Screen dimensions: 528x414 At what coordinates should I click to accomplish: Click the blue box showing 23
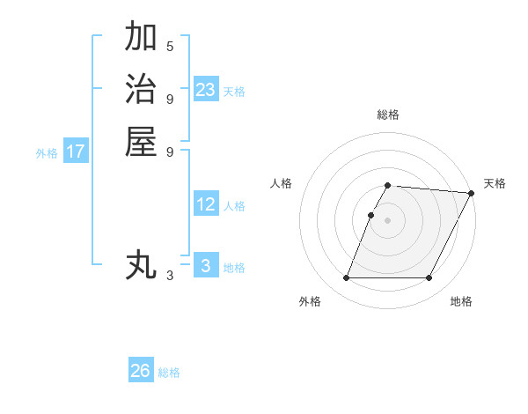(206, 89)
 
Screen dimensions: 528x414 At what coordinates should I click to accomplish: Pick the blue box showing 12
(206, 204)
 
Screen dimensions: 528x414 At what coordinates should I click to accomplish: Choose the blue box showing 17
(76, 152)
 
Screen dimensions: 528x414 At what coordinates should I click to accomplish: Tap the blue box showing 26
(141, 371)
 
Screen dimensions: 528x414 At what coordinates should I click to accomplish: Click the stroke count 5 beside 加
(170, 46)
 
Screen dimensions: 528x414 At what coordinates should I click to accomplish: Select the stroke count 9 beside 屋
(170, 151)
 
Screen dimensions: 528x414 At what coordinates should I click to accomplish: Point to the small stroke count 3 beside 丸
(170, 276)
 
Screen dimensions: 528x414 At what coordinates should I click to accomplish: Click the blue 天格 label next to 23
(234, 91)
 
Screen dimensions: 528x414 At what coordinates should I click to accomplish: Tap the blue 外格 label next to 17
(47, 153)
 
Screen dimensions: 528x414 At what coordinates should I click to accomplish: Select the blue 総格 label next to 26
(169, 373)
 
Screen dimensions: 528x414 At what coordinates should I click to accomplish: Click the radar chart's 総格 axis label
(388, 115)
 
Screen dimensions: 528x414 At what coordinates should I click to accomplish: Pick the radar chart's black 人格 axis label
(282, 183)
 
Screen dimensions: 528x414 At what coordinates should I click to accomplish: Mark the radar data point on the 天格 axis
(472, 193)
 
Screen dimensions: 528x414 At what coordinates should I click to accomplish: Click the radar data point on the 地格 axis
(429, 278)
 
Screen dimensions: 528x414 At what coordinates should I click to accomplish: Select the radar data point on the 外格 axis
(346, 278)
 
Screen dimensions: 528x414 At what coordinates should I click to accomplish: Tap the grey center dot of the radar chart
(388, 219)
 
